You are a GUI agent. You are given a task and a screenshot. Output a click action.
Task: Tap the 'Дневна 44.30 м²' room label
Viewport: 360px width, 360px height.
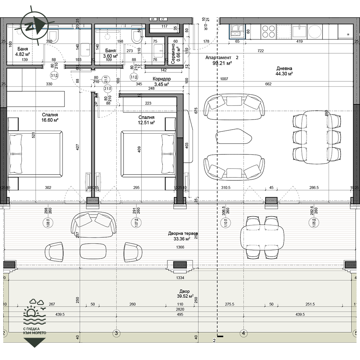click(284, 71)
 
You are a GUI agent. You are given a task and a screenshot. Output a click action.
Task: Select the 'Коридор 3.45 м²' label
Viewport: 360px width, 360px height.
click(161, 81)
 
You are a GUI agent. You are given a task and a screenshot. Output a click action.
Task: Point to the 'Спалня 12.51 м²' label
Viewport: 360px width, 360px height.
click(146, 120)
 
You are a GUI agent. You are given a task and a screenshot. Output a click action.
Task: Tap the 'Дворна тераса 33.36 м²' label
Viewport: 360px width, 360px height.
click(183, 236)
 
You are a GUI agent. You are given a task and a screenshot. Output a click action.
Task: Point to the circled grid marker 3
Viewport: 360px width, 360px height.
click(116, 333)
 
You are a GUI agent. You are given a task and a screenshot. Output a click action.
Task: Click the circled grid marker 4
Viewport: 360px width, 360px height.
click(244, 333)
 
